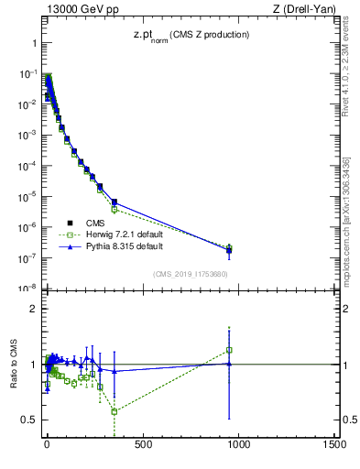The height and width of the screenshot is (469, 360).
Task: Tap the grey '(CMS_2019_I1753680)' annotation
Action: coord(190,273)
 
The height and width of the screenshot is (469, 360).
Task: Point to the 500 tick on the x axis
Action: coord(143,445)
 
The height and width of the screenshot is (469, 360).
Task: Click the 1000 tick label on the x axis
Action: coord(238,445)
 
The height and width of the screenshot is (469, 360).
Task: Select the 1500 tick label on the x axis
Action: coord(334,445)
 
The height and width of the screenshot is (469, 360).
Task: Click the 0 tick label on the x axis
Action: coord(47,445)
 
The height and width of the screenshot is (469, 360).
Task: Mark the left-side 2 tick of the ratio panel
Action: coord(33,309)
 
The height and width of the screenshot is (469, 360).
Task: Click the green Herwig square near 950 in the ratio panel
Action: coord(229,349)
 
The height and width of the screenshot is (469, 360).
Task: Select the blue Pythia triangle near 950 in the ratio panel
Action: coord(229,364)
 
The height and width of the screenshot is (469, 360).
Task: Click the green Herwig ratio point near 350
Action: coord(115,411)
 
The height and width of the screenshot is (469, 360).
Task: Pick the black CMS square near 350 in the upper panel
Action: coord(115,202)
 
